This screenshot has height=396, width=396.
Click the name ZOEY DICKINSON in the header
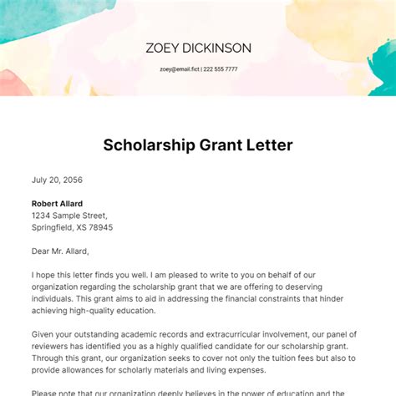[x=198, y=48]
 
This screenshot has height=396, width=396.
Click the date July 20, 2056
[x=57, y=180]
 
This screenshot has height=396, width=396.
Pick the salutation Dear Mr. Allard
[x=60, y=251]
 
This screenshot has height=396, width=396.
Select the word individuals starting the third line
[x=58, y=297]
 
